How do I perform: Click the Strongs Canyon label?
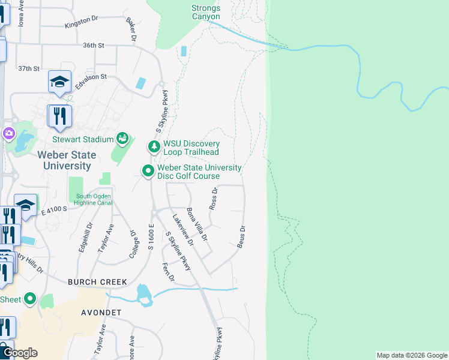point(206,12)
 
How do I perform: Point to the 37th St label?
point(28,69)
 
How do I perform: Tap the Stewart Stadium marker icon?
point(122,139)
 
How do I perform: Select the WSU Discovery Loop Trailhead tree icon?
point(154,146)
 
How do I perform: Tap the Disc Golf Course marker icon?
point(148,172)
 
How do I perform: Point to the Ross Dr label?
point(212,198)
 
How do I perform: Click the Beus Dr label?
point(241,237)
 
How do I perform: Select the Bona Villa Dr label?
point(197,224)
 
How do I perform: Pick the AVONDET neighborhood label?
point(101,313)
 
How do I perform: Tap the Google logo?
point(19,353)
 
